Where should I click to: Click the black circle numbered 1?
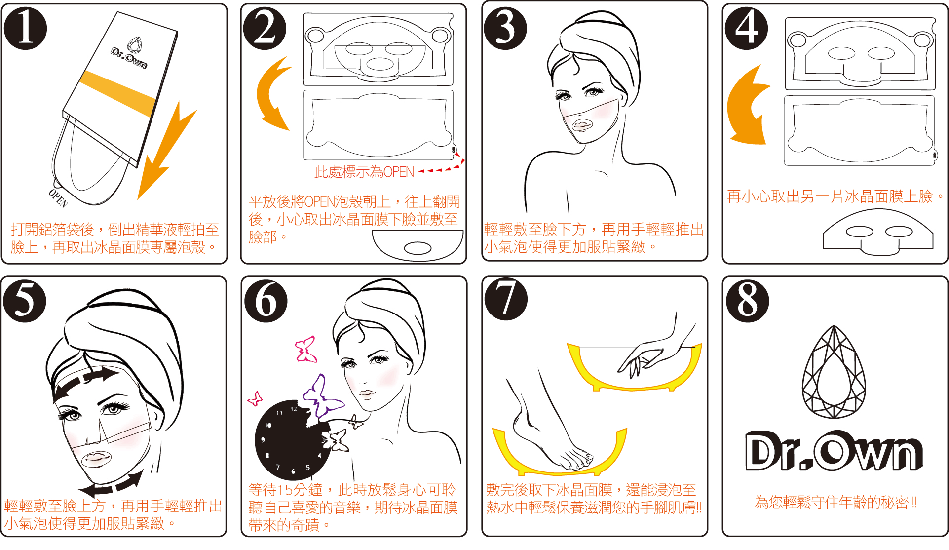25,28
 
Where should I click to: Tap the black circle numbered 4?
746,28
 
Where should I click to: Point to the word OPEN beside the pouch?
58,197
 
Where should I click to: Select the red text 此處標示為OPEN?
364,172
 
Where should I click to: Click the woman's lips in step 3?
582,125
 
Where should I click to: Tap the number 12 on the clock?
294,409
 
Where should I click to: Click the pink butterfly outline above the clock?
306,350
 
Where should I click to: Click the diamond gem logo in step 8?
834,372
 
